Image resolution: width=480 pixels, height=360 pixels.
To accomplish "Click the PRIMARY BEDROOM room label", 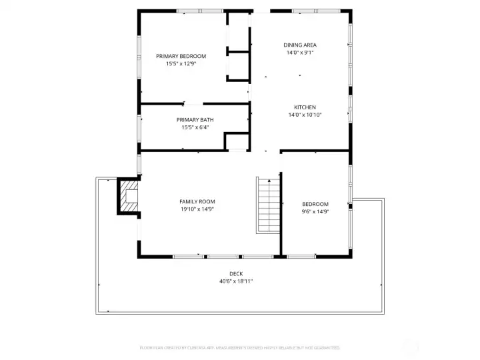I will [x=181, y=56].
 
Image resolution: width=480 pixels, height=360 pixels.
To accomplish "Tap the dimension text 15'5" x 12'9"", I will [x=181, y=64].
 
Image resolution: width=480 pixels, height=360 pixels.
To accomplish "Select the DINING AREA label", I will [x=300, y=45].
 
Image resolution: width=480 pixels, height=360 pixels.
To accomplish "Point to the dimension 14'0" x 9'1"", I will [x=300, y=53].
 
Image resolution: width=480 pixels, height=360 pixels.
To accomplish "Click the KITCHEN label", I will [x=305, y=107].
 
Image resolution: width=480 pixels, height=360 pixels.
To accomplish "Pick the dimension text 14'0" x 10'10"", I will [x=305, y=115].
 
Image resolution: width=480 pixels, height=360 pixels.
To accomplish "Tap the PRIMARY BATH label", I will [x=195, y=120].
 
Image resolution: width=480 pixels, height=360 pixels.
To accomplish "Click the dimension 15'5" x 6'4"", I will [x=195, y=128].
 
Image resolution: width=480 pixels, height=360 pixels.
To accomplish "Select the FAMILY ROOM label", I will [x=197, y=201].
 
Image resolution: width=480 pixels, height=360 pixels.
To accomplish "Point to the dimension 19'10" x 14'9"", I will [x=197, y=209].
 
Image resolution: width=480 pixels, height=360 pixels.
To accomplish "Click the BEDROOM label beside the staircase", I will [x=315, y=204].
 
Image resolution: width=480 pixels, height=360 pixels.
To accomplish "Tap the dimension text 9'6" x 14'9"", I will [x=315, y=212].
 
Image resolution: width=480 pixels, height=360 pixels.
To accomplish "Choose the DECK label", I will [x=236, y=273].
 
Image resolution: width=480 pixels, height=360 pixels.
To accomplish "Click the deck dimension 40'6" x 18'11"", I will [x=236, y=281].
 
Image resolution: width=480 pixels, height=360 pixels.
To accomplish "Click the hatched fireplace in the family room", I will [x=128, y=195].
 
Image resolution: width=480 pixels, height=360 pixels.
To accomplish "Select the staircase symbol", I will [x=268, y=205].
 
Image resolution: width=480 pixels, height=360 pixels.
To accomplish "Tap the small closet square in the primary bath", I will [x=236, y=141].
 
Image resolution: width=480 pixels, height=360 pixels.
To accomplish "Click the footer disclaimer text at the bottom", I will [x=240, y=347].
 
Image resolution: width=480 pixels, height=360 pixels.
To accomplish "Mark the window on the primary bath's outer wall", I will [x=139, y=126].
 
